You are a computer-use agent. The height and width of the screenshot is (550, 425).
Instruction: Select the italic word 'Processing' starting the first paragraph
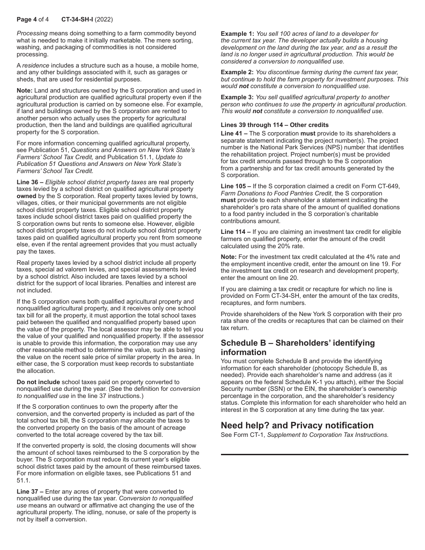click(x=32, y=34)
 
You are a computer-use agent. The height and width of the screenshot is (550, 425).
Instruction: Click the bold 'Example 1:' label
click(x=237, y=34)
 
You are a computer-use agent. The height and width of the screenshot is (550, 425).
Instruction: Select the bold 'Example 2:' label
click(x=237, y=72)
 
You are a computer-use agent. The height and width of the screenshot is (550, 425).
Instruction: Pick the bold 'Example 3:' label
click(x=237, y=97)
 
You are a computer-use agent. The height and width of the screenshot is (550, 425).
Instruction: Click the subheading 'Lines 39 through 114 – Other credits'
click(x=274, y=125)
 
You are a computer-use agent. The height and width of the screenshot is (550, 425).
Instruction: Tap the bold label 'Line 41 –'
click(x=234, y=133)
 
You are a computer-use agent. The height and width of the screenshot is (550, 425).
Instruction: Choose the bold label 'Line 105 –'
click(x=236, y=186)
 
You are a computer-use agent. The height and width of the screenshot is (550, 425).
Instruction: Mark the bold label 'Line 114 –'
click(x=236, y=232)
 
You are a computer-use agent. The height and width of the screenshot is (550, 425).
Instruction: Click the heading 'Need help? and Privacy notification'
click(x=297, y=425)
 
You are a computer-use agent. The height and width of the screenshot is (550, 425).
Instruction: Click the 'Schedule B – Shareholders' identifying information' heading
click(x=297, y=347)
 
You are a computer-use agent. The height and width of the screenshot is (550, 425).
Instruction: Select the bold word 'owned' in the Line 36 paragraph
click(x=26, y=196)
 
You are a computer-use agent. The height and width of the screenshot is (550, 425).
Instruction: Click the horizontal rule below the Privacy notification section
click(x=314, y=454)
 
